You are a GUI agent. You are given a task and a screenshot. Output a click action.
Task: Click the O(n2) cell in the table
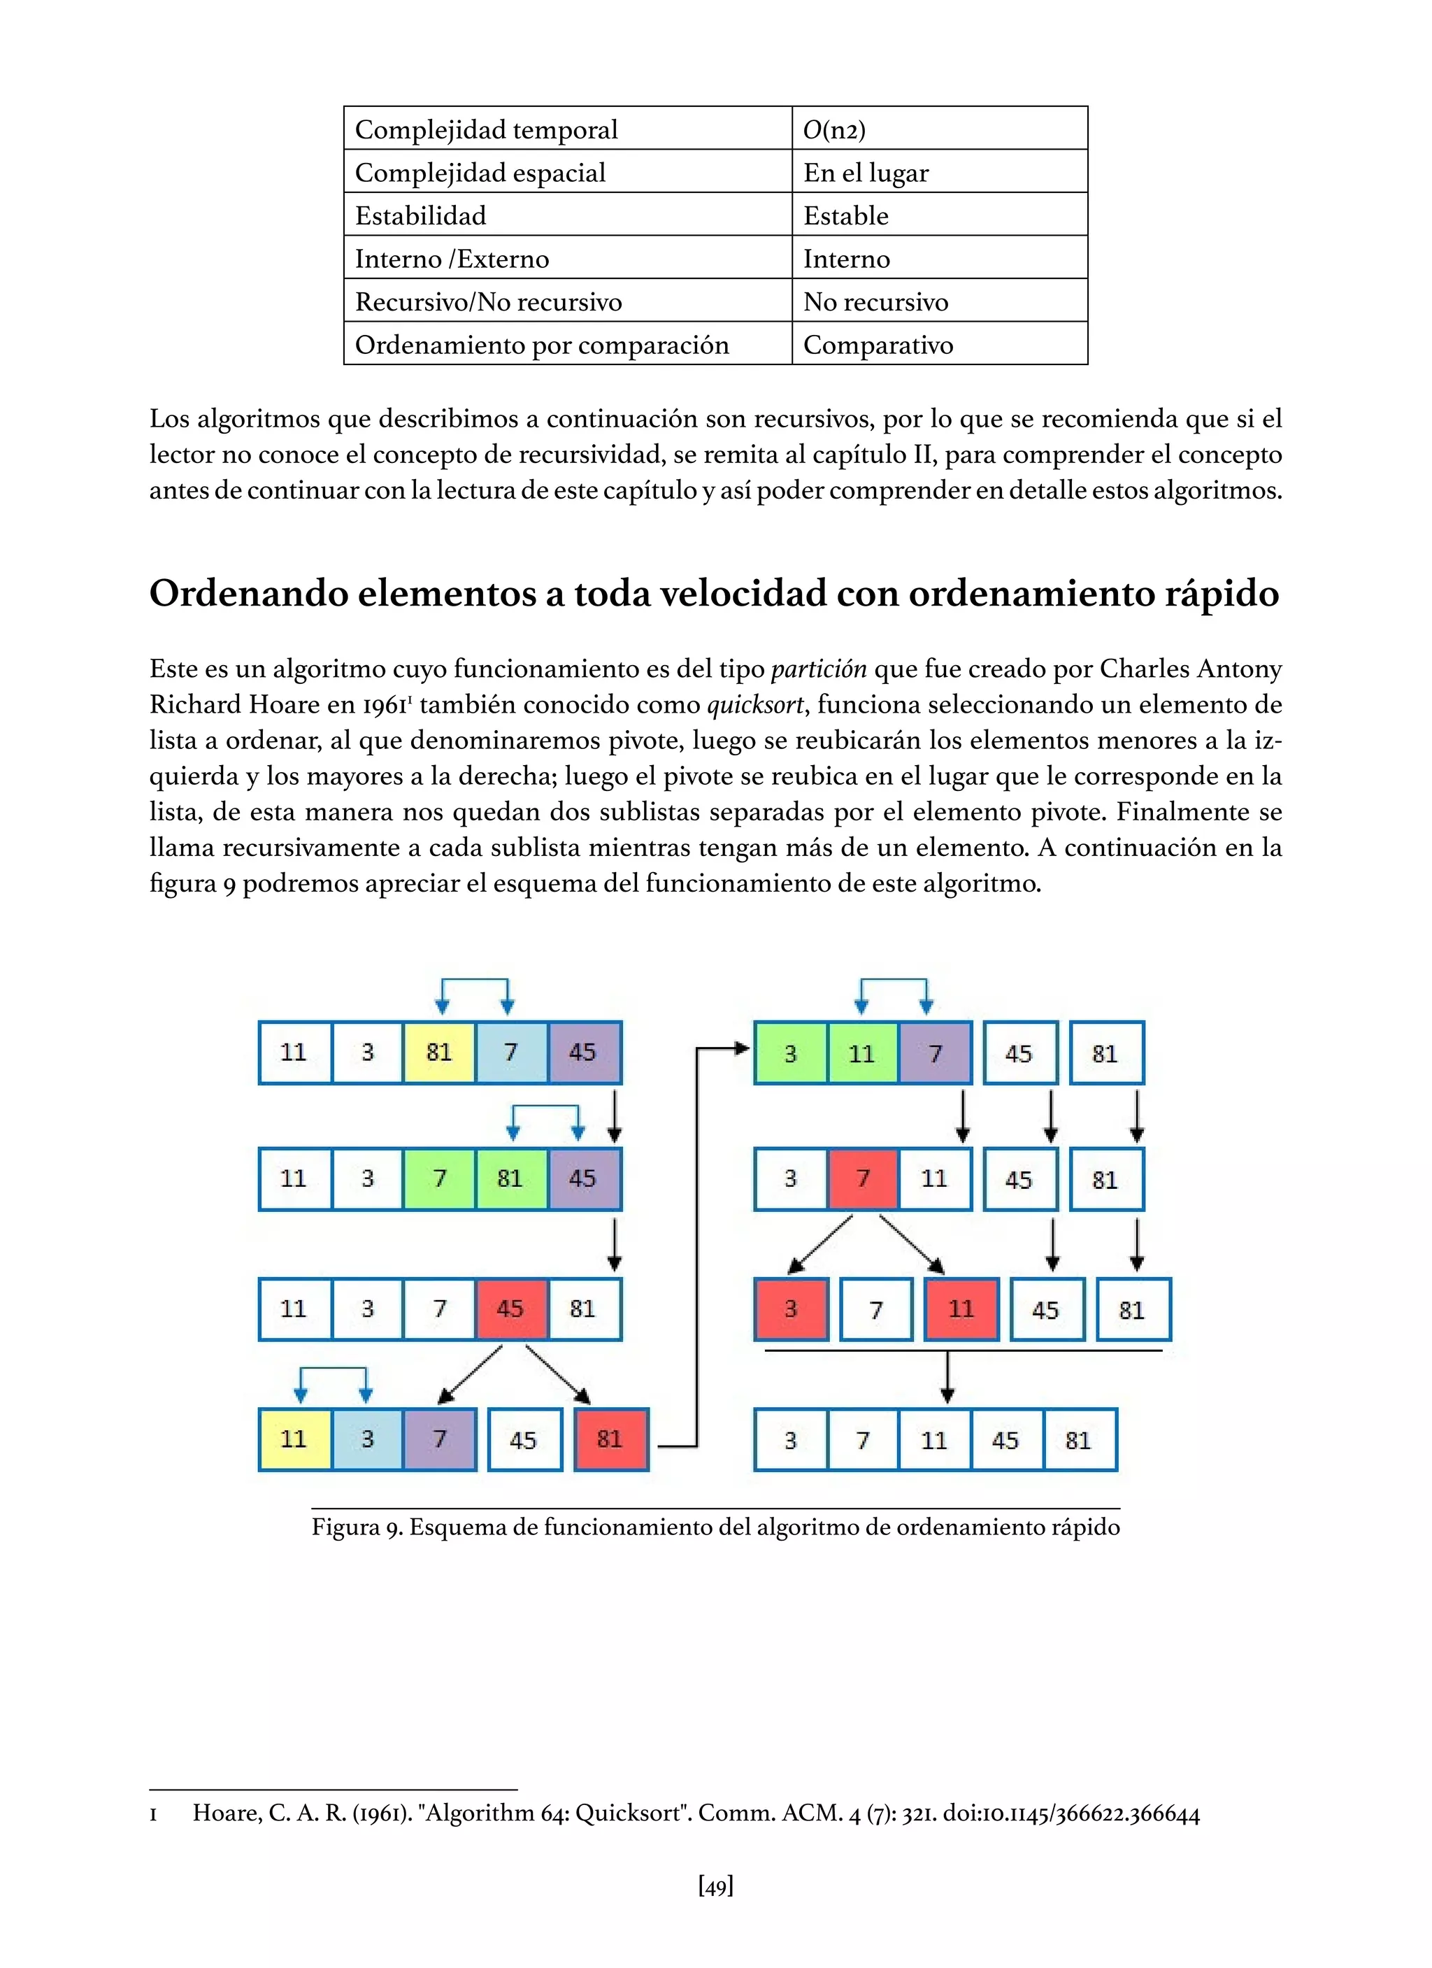coord(938,129)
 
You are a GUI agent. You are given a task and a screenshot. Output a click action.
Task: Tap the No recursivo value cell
coord(938,301)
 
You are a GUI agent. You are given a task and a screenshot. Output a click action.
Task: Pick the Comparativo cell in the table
coord(938,345)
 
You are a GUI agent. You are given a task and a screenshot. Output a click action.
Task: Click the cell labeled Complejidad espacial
coord(567,172)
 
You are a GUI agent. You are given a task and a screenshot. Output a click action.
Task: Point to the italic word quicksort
coord(754,704)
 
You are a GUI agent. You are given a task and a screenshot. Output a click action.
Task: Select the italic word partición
coord(818,668)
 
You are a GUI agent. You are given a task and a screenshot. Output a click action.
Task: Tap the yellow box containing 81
coord(439,1052)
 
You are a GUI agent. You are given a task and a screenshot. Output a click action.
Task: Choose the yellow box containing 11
coord(295,1439)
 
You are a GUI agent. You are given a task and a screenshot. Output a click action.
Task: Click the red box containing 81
coord(610,1439)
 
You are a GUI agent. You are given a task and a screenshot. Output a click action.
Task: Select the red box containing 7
coord(863,1178)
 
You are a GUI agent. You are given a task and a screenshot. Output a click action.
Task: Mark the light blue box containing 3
coord(367,1439)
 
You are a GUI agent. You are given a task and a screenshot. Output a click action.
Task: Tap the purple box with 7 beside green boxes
coord(935,1053)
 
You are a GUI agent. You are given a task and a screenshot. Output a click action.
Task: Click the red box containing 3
coord(791,1309)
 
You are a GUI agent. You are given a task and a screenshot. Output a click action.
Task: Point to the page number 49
coord(715,1885)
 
